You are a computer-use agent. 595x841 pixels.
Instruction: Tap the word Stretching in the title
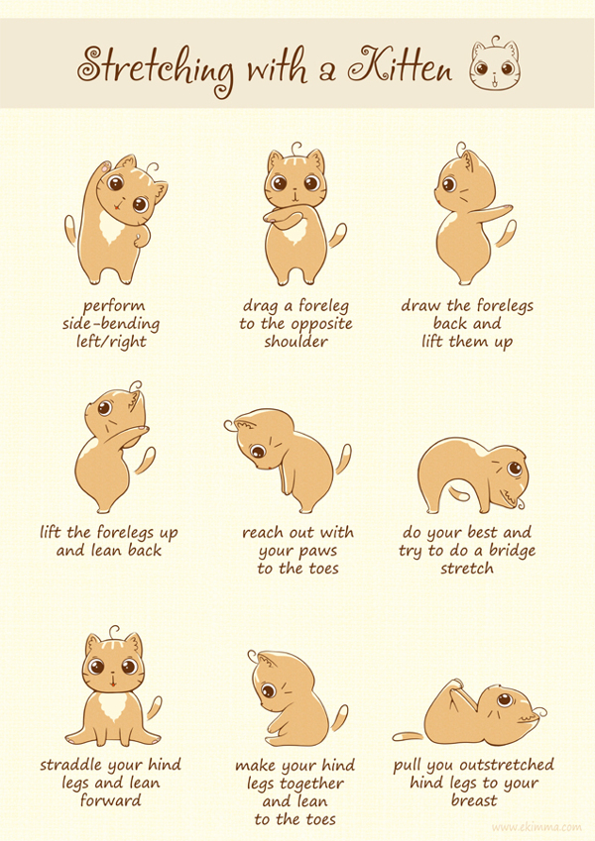[157, 69]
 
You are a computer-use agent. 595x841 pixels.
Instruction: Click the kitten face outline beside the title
[495, 64]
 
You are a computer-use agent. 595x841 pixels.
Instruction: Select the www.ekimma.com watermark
[535, 827]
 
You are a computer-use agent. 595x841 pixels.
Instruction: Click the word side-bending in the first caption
[111, 324]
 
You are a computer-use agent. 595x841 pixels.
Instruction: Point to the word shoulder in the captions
[296, 342]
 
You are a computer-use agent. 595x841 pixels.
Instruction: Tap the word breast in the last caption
[474, 800]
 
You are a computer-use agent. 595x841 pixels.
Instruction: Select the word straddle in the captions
[71, 765]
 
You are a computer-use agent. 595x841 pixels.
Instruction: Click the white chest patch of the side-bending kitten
[113, 226]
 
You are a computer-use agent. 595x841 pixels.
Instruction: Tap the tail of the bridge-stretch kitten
[461, 492]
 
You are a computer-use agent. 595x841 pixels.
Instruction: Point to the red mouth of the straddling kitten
[113, 683]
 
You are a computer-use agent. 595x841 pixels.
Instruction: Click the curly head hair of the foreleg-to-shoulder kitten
[296, 147]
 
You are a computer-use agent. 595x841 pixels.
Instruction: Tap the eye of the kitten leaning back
[105, 408]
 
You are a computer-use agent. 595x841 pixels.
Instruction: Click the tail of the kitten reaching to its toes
[343, 459]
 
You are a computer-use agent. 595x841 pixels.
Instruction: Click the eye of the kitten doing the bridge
[515, 469]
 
